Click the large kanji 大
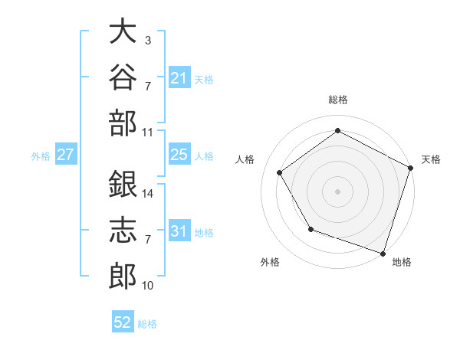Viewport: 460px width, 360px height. click(123, 31)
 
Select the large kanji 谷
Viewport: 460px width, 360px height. click(123, 77)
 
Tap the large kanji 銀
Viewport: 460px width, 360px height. click(123, 184)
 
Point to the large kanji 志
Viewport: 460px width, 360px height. click(123, 230)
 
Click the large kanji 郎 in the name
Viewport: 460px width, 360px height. click(123, 276)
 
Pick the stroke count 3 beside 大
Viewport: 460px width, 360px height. click(148, 40)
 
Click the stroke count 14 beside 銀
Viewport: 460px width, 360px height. click(147, 194)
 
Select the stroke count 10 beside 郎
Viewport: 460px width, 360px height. click(147, 286)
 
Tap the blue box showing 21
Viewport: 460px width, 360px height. click(179, 77)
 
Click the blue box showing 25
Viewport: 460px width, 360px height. click(179, 154)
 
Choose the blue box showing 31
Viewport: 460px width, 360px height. click(179, 230)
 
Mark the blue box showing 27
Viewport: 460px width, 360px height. click(66, 154)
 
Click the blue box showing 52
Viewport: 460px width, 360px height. click(123, 321)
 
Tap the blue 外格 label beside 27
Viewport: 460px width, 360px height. click(41, 156)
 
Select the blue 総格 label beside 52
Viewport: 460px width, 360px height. click(147, 324)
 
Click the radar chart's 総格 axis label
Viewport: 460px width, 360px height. click(338, 100)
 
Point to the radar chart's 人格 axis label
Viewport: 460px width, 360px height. click(245, 159)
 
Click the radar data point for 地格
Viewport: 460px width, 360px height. click(383, 254)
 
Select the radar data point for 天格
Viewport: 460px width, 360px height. click(411, 168)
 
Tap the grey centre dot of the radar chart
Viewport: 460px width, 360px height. click(337, 191)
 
